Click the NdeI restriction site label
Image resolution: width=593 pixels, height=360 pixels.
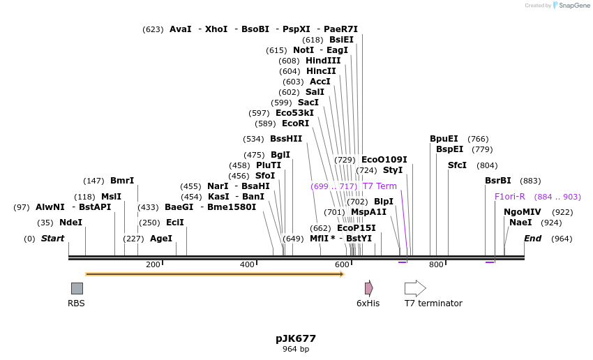tap(70, 223)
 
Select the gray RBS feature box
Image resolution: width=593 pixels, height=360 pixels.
tap(77, 288)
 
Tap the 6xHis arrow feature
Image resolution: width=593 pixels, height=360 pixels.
tap(368, 288)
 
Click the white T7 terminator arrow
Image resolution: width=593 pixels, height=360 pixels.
tap(415, 288)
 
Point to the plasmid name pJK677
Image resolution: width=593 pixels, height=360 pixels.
tap(296, 338)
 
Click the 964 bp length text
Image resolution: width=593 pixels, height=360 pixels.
tap(296, 349)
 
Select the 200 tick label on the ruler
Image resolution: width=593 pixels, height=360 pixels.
tap(152, 264)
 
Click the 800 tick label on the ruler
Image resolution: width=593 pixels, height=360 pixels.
tap(436, 264)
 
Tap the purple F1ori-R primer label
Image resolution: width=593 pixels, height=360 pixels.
tap(509, 197)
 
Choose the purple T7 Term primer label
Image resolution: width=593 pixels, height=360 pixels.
tap(380, 186)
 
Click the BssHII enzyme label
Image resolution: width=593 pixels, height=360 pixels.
tap(286, 139)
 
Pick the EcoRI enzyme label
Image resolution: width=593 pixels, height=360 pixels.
tap(295, 123)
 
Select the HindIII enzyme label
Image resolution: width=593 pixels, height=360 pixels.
tap(323, 61)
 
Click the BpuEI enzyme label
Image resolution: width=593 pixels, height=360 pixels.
tap(444, 139)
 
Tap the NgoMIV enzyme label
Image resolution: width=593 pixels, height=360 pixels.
tap(523, 212)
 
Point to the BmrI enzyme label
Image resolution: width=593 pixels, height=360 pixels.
tap(122, 181)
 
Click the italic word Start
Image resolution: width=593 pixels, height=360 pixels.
tap(52, 239)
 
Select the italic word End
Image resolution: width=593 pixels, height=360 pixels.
tap(532, 239)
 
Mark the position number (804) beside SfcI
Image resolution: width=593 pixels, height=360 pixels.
tap(487, 165)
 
